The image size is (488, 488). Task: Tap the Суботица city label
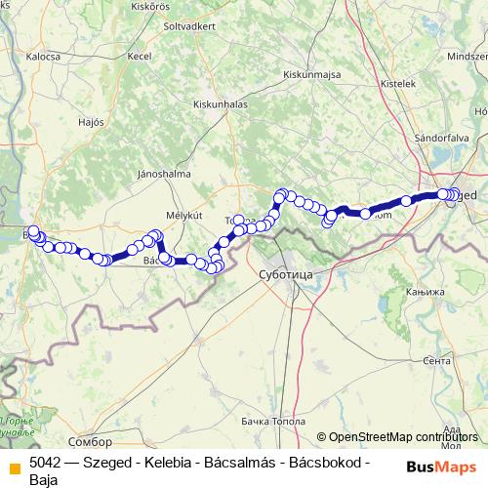click(285, 276)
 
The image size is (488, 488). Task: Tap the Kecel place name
click(140, 58)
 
